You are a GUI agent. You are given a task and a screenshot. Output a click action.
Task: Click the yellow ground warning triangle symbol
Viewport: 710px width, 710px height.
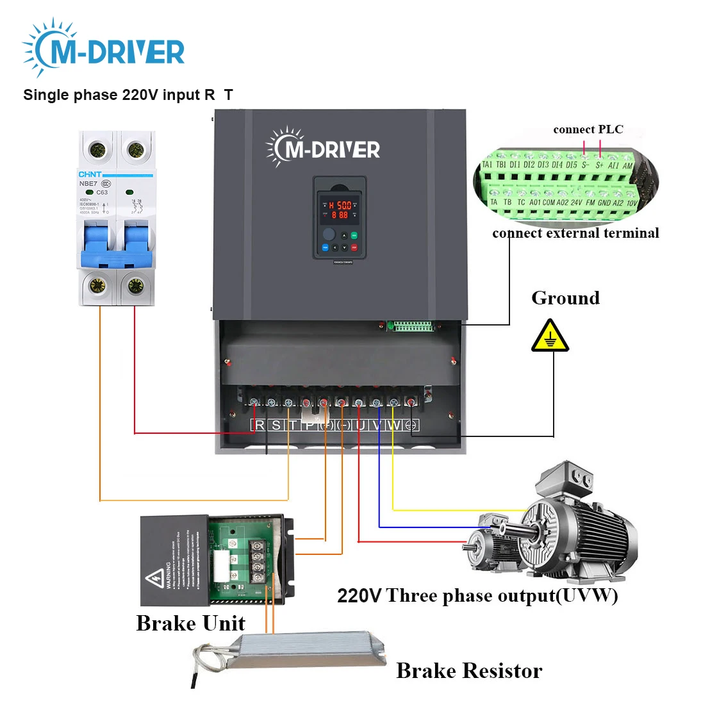pos(550,338)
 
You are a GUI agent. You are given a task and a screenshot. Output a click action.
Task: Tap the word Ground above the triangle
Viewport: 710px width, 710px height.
pos(565,298)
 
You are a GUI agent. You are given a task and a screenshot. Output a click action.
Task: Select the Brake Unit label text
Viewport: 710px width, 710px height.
pos(190,623)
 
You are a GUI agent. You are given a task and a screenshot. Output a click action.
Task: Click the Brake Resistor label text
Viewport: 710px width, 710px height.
pos(469,670)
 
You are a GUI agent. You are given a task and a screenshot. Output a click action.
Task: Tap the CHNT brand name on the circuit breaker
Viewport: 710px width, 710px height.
pos(90,174)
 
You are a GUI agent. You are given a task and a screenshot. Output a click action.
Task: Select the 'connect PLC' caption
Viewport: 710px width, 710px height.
pos(588,129)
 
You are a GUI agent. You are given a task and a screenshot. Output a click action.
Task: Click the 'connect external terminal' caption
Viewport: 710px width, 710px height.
pos(575,233)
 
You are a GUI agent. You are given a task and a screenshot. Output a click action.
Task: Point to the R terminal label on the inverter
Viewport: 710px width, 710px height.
pos(260,425)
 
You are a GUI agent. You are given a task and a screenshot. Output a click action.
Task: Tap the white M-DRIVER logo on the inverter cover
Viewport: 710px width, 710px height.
pos(324,147)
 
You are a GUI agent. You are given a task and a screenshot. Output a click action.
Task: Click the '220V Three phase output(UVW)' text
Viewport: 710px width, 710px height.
pos(477,595)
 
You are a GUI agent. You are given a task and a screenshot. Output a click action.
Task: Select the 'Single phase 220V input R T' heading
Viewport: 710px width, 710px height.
pos(128,95)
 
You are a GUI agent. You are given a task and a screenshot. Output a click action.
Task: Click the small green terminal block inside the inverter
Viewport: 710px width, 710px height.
pos(413,326)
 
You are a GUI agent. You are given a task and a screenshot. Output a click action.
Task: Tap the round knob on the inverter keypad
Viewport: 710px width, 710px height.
pos(329,234)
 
